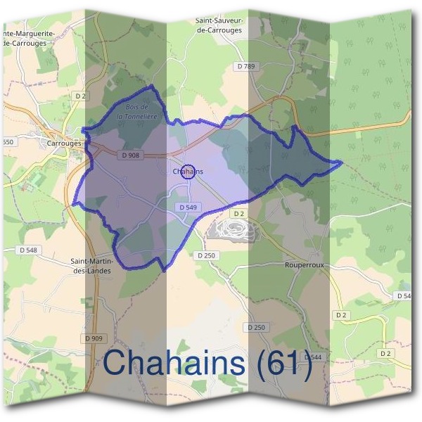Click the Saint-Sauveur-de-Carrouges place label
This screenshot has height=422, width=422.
pyautogui.click(x=219, y=26)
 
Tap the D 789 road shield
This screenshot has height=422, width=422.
pyautogui.click(x=246, y=66)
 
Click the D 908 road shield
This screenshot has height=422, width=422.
pyautogui.click(x=131, y=155)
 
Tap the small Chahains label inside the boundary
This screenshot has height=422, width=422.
pyautogui.click(x=188, y=171)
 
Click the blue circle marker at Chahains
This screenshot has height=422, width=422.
pyautogui.click(x=188, y=172)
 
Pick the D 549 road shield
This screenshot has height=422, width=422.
pyautogui.click(x=187, y=207)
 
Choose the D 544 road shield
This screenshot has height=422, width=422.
pyautogui.click(x=313, y=358)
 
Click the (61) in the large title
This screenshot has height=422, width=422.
pyautogui.click(x=283, y=363)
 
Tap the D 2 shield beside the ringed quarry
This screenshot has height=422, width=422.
pyautogui.click(x=238, y=214)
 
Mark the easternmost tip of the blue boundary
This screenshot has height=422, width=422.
pyautogui.click(x=342, y=163)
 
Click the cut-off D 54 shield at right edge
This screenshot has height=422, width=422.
pyautogui.click(x=404, y=296)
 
